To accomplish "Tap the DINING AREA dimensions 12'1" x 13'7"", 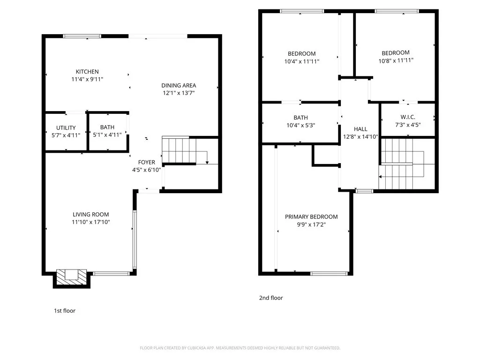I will (179, 93).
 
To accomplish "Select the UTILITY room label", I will (66, 128).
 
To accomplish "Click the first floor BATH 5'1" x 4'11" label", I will (107, 131).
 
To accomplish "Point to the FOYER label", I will (146, 163).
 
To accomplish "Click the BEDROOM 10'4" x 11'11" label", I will (301, 57).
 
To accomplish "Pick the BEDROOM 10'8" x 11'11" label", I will (396, 56).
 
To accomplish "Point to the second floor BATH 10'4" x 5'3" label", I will (300, 121).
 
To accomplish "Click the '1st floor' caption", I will (65, 310).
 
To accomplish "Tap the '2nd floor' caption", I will (271, 298).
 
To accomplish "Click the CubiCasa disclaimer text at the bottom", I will (240, 348).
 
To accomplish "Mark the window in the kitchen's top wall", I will (82, 36).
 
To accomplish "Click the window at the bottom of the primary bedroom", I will (329, 273).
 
